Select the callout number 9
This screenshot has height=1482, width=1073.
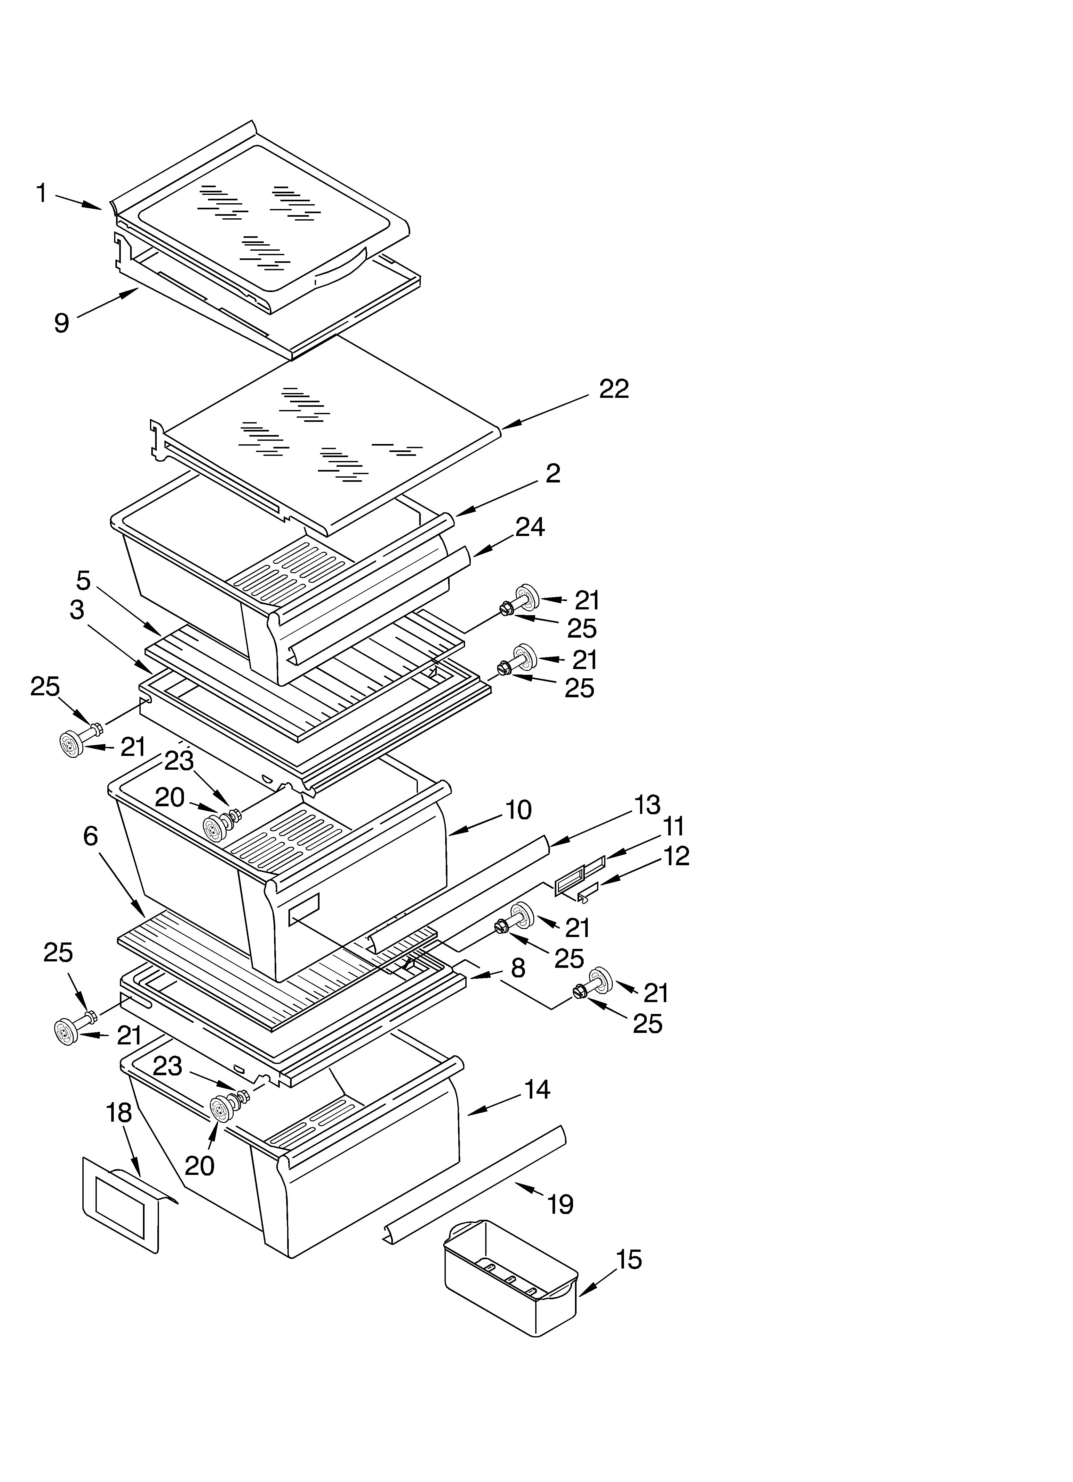coord(62,323)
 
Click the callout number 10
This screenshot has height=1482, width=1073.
coord(518,810)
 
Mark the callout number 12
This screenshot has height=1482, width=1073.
coord(676,856)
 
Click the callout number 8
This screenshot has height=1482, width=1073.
coord(518,968)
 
